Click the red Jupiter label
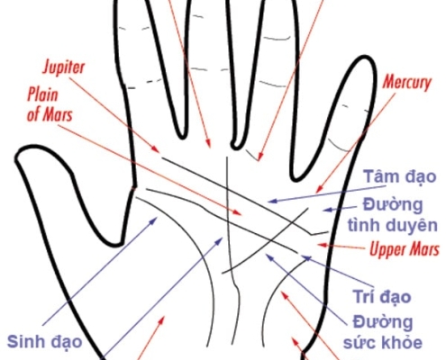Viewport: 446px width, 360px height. (x=63, y=67)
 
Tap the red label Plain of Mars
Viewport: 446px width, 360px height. (x=50, y=104)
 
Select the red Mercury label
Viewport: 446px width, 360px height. (x=407, y=82)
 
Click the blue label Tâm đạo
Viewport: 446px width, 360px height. (x=400, y=176)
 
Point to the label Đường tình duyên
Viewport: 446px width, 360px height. (x=393, y=215)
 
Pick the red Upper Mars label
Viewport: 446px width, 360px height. (x=405, y=248)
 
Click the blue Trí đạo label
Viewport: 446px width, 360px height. (x=382, y=297)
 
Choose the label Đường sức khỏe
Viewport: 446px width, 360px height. (x=383, y=332)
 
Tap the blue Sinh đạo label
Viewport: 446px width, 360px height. (x=44, y=342)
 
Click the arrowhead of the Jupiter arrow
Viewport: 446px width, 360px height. (x=156, y=149)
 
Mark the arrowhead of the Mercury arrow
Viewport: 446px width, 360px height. (x=318, y=189)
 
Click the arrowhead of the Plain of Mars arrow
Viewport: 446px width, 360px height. (x=239, y=212)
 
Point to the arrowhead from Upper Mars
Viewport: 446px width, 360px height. (x=321, y=245)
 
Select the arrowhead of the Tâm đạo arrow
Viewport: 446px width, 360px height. (x=270, y=201)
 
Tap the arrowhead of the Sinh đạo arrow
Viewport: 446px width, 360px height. (x=154, y=220)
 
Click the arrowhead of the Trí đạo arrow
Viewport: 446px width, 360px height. (x=304, y=257)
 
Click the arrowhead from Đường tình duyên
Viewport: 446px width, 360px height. (x=326, y=210)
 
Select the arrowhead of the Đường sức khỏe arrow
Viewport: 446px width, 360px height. (x=268, y=256)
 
